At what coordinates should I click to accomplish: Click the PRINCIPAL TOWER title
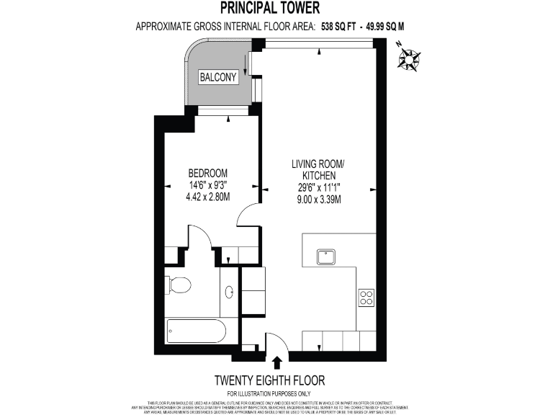[x=276, y=9]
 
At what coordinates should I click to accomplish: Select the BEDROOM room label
[x=208, y=173]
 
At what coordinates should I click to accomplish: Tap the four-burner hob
[x=367, y=297]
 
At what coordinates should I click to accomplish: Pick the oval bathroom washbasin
[x=230, y=293]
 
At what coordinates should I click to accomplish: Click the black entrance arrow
[x=277, y=362]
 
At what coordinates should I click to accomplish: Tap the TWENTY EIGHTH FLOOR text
[x=270, y=380]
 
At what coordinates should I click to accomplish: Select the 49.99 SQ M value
[x=387, y=27]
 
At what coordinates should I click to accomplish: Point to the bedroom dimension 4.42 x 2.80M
[x=208, y=197]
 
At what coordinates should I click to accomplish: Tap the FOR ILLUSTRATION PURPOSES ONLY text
[x=270, y=393]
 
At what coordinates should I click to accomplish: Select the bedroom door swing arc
[x=248, y=213]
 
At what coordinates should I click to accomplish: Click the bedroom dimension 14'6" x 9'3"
[x=208, y=185]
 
